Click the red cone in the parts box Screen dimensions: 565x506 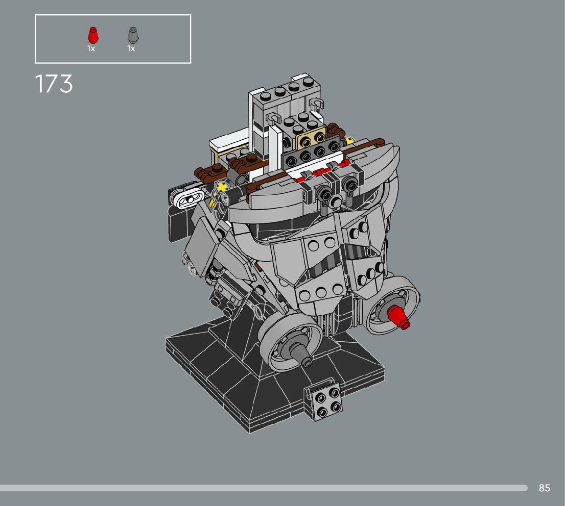[93, 35]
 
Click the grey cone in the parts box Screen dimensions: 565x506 [133, 35]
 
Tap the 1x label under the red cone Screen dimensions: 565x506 [91, 48]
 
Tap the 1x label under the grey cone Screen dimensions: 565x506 [131, 48]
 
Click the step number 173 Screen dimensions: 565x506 [54, 84]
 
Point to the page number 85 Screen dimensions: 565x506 [545, 488]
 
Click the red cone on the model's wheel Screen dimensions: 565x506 [398, 317]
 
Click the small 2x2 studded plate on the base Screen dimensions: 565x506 [323, 400]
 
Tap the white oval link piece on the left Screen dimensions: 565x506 [189, 197]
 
